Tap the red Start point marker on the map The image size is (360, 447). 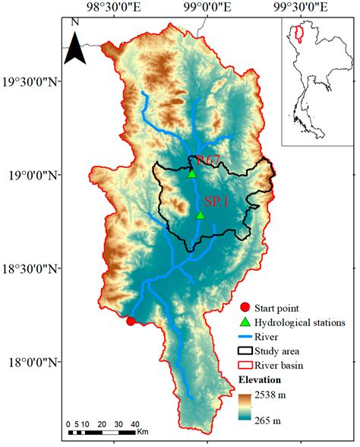click(x=131, y=321)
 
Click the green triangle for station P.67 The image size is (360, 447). click(x=192, y=173)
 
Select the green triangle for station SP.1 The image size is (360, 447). click(x=201, y=215)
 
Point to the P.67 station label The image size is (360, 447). click(x=209, y=160)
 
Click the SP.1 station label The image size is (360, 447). click(x=217, y=201)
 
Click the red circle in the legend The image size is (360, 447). click(x=244, y=308)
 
